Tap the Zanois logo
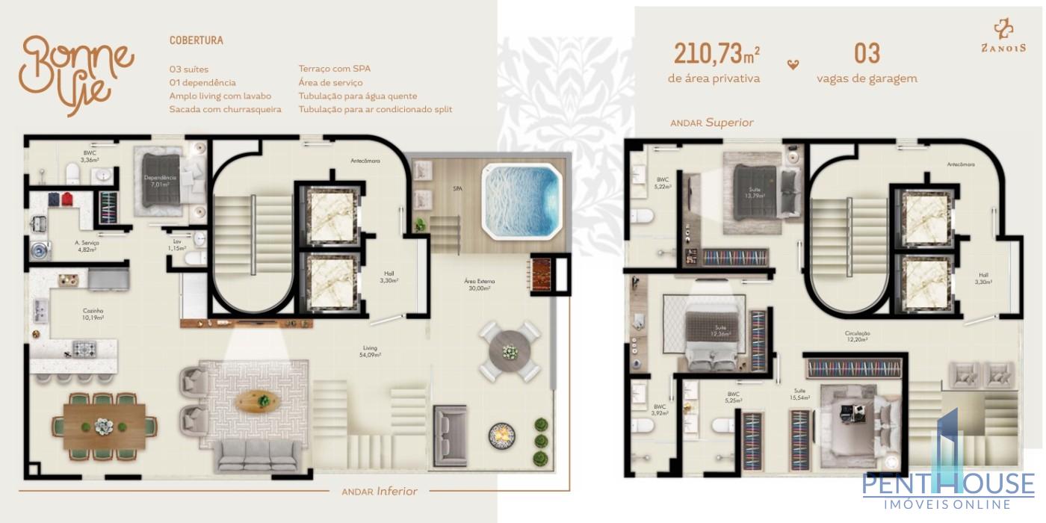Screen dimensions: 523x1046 [1003, 37]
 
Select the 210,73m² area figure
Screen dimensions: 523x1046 [716, 55]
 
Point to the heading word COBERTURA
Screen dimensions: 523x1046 [196, 40]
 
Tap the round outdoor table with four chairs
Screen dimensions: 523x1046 [510, 352]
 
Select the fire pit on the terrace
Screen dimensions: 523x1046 [502, 436]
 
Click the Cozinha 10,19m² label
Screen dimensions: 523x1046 [93, 314]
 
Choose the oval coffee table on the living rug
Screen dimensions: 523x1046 [257, 401]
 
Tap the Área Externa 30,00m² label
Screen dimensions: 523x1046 [479, 285]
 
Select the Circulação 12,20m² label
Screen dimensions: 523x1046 [857, 336]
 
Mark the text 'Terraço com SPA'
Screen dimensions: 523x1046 [334, 69]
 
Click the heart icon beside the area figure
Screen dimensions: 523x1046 [793, 64]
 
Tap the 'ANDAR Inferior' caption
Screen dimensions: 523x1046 [379, 491]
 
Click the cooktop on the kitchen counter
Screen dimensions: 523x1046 [84, 347]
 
